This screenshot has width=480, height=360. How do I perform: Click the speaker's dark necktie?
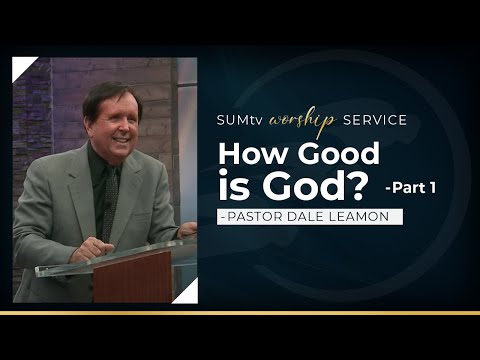(x=102, y=199)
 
